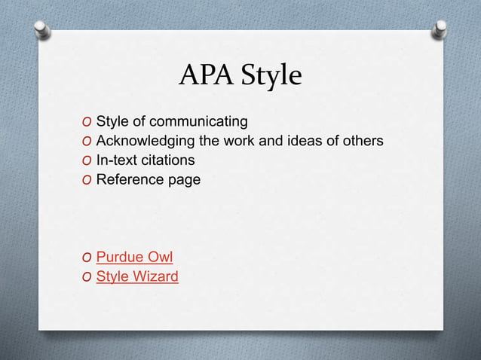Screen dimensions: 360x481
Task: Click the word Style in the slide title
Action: point(268,76)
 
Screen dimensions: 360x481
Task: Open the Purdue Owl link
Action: point(134,257)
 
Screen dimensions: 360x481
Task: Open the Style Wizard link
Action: point(137,276)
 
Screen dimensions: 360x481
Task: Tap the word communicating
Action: point(204,122)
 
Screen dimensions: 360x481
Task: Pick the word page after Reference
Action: point(185,181)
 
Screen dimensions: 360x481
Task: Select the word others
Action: point(363,141)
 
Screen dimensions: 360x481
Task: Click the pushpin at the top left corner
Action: point(43,29)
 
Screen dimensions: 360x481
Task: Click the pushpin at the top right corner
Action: point(440,28)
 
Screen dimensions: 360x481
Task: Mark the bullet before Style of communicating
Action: point(88,123)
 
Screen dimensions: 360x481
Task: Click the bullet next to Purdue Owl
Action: point(88,258)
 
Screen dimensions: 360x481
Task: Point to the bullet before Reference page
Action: point(88,180)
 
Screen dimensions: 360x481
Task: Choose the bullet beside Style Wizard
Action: point(88,277)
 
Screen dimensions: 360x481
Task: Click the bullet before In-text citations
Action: point(88,160)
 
